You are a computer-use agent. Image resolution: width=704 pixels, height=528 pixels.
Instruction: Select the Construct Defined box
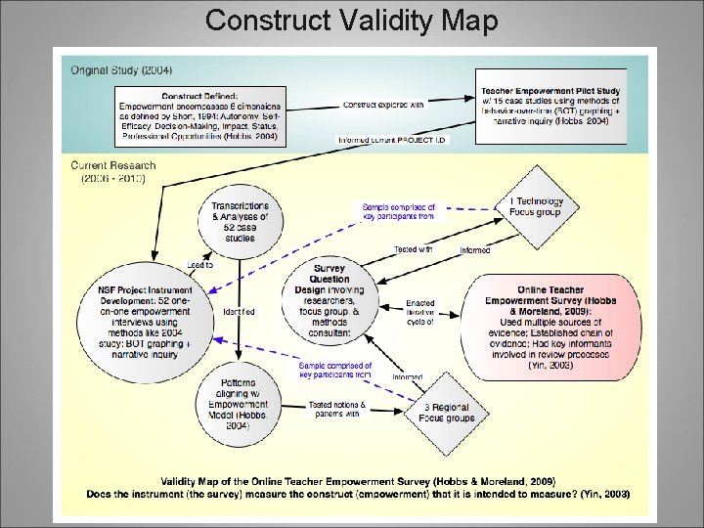pyautogui.click(x=198, y=116)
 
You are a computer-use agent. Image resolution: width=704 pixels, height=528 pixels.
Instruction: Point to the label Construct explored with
pyautogui.click(x=382, y=105)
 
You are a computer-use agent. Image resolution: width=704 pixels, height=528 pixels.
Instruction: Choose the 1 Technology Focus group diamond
pyautogui.click(x=535, y=206)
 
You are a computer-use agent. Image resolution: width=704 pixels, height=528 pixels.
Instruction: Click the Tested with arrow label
pyautogui.click(x=414, y=249)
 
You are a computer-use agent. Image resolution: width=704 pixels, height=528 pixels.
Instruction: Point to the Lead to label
pyautogui.click(x=200, y=265)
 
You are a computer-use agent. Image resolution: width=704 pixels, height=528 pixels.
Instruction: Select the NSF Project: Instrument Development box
pyautogui.click(x=145, y=323)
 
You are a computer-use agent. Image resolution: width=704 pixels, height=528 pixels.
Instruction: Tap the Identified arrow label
pyautogui.click(x=239, y=312)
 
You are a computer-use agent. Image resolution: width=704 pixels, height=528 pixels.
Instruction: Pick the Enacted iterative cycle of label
pyautogui.click(x=420, y=312)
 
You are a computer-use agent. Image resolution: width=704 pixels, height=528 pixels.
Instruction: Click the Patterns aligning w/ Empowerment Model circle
pyautogui.click(x=239, y=404)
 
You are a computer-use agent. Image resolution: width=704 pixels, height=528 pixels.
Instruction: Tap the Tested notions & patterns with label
pyautogui.click(x=337, y=409)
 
